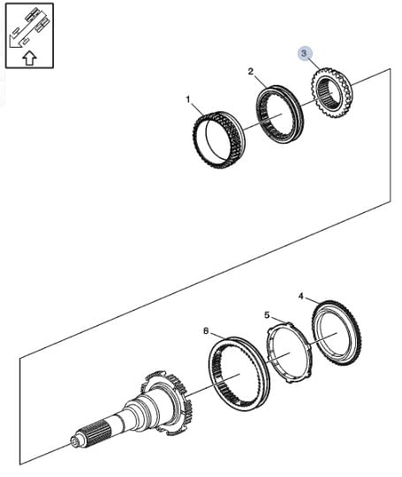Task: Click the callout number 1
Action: click(x=188, y=100)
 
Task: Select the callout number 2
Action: click(x=250, y=72)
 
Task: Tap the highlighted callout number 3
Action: click(x=305, y=54)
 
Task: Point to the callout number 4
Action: click(x=301, y=296)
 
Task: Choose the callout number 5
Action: click(x=267, y=315)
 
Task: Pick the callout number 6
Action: click(x=206, y=330)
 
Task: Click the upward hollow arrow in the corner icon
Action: click(x=29, y=57)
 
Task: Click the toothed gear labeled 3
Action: click(x=331, y=93)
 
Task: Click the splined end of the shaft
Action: click(x=95, y=435)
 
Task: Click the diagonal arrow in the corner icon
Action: click(x=27, y=29)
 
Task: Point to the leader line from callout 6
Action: click(x=218, y=335)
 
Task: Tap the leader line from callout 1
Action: click(x=197, y=109)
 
